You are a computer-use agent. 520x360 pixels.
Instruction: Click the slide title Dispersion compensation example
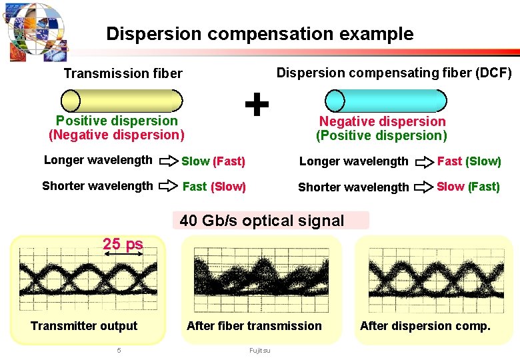pos(259,34)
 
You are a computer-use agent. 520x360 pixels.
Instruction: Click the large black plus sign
pos(257,104)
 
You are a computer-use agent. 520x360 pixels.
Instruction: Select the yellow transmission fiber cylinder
pos(121,100)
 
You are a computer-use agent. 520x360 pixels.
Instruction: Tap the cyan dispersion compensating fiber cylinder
pos(385,100)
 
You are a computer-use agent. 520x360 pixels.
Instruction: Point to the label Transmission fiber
pos(123,73)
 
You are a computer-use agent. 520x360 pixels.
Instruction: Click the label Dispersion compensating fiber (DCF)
pos(394,73)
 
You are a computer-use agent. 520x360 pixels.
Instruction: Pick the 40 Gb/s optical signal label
pos(262,221)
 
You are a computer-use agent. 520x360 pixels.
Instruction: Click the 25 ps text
pos(123,243)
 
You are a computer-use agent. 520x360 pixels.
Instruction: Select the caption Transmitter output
pos(84,326)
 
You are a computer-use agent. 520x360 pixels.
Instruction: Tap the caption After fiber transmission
pos(254,326)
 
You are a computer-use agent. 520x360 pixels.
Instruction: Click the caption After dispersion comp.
pos(425,326)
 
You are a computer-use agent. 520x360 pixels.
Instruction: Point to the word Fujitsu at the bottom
pos(260,350)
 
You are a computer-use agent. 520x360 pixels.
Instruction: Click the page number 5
pos(119,350)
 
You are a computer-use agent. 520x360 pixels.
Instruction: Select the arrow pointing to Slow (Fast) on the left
pos(171,161)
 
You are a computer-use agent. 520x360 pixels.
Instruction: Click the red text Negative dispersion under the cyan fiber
pos(382,121)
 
